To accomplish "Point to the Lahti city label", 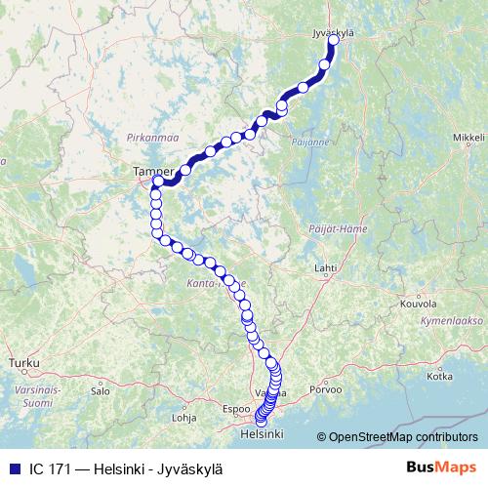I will click(x=324, y=266).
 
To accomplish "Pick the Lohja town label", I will click(x=183, y=417).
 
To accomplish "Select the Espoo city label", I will click(x=236, y=408).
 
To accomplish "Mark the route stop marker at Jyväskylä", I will click(x=334, y=41).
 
